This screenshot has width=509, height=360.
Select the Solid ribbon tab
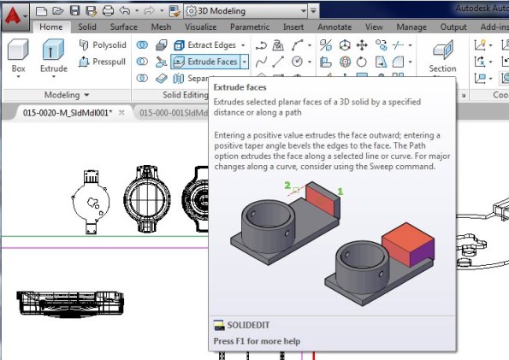(87, 27)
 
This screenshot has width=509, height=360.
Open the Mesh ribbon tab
(160, 27)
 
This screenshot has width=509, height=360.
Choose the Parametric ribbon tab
(250, 27)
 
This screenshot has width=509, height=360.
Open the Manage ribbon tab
(411, 27)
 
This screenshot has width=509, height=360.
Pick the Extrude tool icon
(53, 51)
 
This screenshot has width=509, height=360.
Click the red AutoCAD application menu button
(16, 11)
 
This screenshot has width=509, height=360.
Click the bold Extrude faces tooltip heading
(240, 87)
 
